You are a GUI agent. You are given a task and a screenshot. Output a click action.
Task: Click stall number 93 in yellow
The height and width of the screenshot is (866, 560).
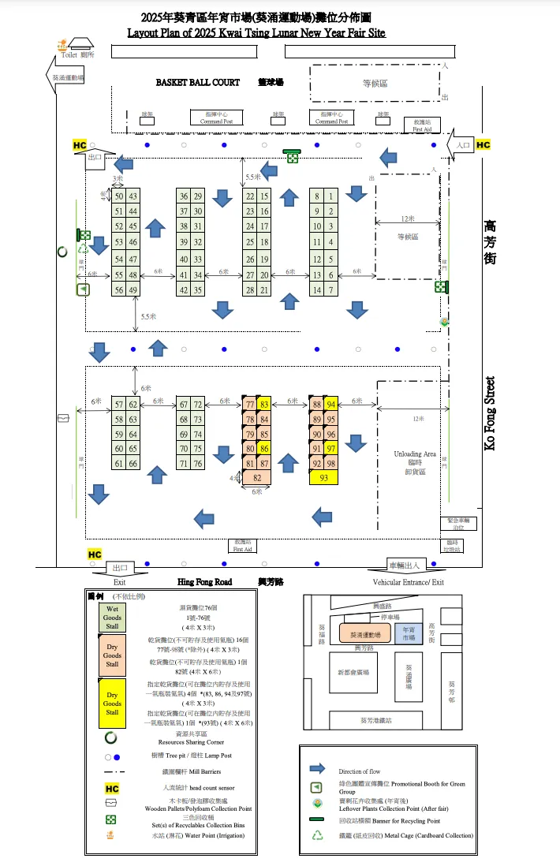point(323,477)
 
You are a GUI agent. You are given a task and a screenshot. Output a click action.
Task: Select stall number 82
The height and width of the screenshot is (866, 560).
point(257,477)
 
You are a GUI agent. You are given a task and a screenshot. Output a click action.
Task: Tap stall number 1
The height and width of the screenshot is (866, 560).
point(331,196)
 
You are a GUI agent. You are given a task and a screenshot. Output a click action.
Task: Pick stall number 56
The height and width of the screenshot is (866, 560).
point(119,290)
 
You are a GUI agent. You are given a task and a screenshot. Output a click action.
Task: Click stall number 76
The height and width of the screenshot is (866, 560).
point(198,464)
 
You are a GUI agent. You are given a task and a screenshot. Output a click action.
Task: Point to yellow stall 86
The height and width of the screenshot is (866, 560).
point(264,449)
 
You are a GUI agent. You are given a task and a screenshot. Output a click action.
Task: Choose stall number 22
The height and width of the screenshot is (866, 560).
point(250,196)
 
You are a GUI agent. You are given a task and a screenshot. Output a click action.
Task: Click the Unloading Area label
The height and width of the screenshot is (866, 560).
point(414,455)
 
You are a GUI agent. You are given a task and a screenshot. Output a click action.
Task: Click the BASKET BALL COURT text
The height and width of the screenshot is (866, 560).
point(186,82)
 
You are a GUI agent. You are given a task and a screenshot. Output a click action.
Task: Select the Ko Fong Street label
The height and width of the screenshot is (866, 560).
point(490,413)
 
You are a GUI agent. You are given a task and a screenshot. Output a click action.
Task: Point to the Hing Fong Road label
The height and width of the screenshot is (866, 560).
point(204,581)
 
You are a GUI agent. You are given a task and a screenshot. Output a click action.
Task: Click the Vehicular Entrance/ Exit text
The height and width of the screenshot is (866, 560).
point(409,582)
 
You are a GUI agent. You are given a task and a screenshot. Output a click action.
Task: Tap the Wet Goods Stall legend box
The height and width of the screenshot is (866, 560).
point(113,618)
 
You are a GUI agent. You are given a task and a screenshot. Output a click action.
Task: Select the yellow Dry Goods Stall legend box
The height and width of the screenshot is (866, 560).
point(113,706)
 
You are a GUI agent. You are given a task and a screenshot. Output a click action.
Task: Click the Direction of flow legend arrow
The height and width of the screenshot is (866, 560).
point(318,769)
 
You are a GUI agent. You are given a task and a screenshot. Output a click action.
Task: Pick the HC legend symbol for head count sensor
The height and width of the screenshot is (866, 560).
point(112,788)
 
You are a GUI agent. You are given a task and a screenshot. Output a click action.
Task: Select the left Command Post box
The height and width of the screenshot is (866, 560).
point(216,118)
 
